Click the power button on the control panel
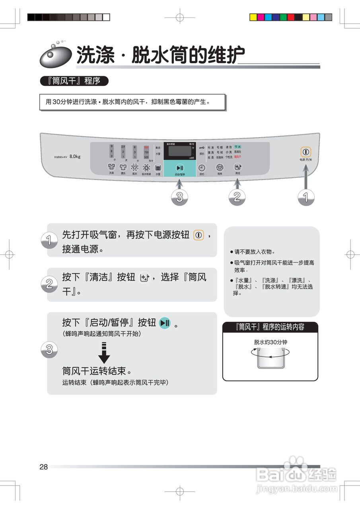[306, 152]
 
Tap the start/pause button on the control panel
[180, 168]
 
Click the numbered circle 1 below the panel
[306, 198]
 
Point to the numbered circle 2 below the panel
[237, 198]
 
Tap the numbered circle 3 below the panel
[180, 198]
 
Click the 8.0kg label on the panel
[75, 156]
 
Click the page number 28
[44, 467]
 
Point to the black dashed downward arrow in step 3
[104, 352]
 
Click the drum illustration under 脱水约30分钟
[270, 357]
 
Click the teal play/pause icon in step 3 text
[165, 323]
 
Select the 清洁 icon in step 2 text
[145, 278]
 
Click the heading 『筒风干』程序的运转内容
[270, 327]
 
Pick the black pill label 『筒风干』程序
[74, 81]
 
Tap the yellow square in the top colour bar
[253, 17]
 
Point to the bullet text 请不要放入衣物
[255, 252]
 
